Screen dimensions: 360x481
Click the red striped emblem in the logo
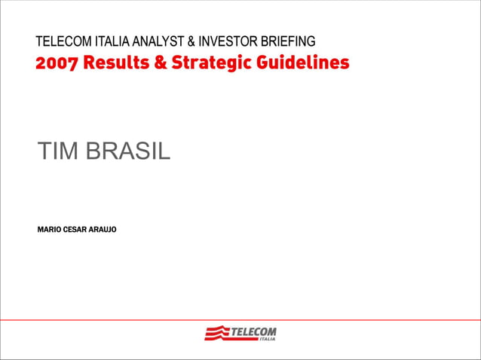pyautogui.click(x=216, y=333)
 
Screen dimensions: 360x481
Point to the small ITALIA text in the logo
pyautogui.click(x=267, y=339)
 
